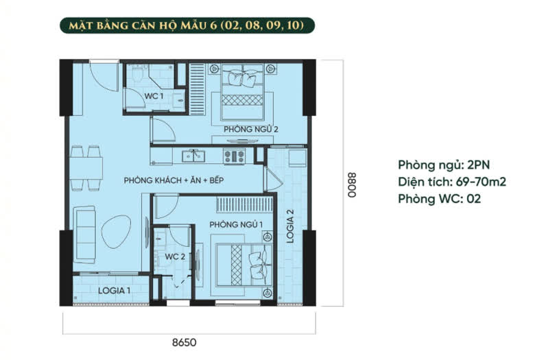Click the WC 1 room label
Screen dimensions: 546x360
(154, 96)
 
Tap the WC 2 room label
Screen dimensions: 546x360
(175, 256)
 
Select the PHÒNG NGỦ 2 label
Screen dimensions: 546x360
(251, 129)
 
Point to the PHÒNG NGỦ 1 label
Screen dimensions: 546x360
(236, 224)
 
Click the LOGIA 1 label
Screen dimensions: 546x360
(115, 290)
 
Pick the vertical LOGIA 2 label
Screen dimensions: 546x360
(290, 226)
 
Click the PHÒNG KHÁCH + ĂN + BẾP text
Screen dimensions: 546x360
(174, 180)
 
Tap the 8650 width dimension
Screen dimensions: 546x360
(185, 342)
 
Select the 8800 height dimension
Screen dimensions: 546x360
(352, 185)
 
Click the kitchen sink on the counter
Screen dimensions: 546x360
(193, 156)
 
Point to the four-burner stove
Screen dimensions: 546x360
(234, 156)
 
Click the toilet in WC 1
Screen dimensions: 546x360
(138, 74)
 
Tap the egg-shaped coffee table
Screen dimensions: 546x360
(116, 232)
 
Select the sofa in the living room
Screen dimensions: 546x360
(84, 235)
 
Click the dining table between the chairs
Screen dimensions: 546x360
(86, 168)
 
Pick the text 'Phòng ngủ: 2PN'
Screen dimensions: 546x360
(444, 165)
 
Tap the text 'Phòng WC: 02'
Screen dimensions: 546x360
(440, 198)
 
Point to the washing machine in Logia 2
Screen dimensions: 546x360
(298, 158)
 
